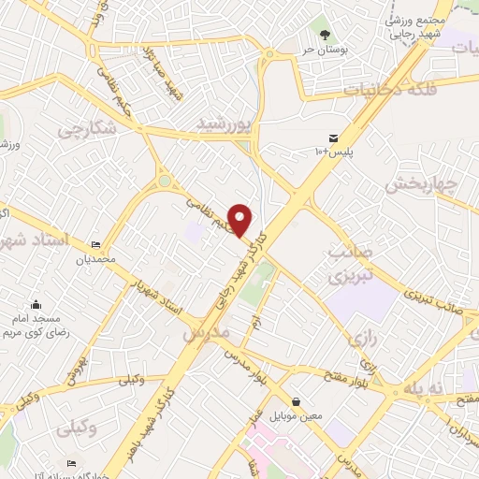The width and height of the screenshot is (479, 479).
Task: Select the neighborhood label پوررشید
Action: (225, 123)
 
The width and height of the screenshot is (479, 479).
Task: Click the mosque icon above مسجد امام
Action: (36, 304)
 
